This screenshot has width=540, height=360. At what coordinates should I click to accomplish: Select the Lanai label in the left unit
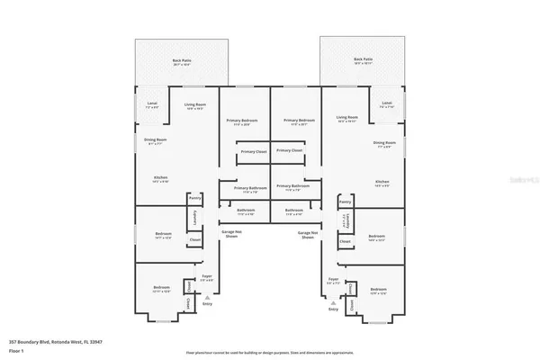pos(151,104)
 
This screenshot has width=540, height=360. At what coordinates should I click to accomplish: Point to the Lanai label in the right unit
pos(387,103)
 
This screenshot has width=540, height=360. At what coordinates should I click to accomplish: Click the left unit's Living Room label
pos(184,104)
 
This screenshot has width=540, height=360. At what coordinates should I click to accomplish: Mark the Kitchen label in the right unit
pos(382,183)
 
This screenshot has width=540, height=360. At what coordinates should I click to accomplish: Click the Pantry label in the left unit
pos(193,198)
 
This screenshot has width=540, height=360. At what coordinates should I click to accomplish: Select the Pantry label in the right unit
pos(345,203)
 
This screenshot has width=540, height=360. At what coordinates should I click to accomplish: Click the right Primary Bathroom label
pos(297,189)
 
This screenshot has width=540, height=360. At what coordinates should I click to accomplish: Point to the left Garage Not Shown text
pos(231,234)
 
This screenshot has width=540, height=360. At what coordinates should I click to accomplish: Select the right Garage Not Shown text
pos(308,234)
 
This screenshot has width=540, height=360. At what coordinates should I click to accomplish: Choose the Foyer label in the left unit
pos(206,277)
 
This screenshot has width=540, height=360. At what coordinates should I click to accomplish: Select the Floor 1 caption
pos(16,350)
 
